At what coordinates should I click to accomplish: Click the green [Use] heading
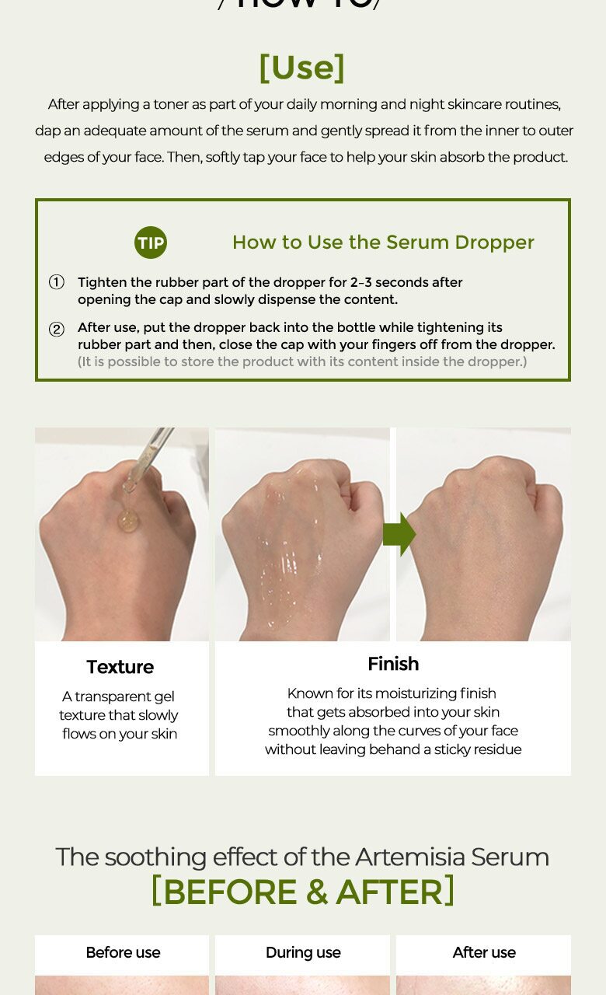(302, 68)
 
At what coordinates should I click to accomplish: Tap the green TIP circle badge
(151, 243)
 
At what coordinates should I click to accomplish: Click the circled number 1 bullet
(57, 282)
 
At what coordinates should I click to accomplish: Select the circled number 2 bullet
(57, 329)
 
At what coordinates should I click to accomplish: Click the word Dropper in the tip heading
(494, 243)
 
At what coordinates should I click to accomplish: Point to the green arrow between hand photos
(399, 534)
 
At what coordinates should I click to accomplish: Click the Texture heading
(120, 667)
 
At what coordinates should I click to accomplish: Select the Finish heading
(393, 664)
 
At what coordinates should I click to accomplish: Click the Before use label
(123, 952)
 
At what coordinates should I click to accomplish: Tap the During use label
(303, 952)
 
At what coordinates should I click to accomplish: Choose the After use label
(484, 952)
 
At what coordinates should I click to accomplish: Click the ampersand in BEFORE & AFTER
(316, 892)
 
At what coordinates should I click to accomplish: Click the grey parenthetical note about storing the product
(302, 361)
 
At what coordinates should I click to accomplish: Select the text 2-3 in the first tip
(360, 282)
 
